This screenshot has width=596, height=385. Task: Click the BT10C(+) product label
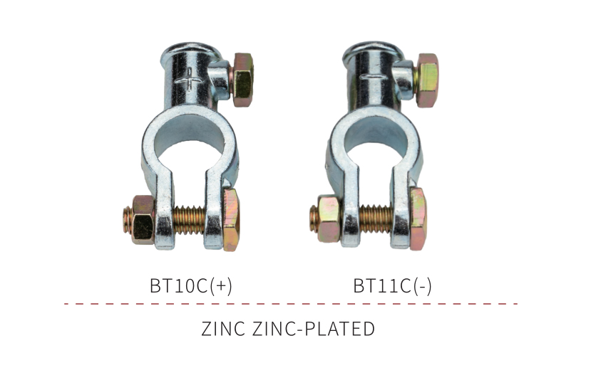(191, 285)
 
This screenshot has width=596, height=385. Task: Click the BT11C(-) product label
(392, 285)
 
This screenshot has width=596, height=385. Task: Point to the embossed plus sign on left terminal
(189, 80)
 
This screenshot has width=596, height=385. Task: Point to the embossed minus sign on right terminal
(372, 77)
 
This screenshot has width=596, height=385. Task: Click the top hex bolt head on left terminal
(242, 80)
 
